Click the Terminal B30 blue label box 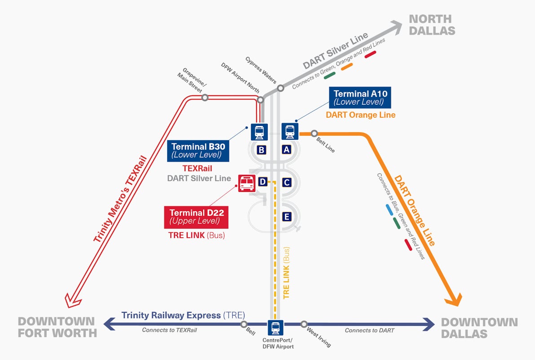pyautogui.click(x=198, y=151)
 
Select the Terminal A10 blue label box pyautogui.click(x=360, y=98)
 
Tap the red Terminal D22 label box pyautogui.click(x=196, y=217)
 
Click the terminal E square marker pyautogui.click(x=286, y=217)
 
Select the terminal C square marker pyautogui.click(x=286, y=182)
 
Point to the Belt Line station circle pyautogui.click(x=314, y=133)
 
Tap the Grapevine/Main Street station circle pyautogui.click(x=205, y=97)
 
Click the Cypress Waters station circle pyautogui.click(x=281, y=88)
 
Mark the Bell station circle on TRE pyautogui.click(x=244, y=324)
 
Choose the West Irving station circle pyautogui.click(x=304, y=324)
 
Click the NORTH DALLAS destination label pyautogui.click(x=431, y=25)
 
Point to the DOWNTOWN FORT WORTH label pyautogui.click(x=57, y=327)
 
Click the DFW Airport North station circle pyautogui.click(x=260, y=99)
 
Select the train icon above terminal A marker pyautogui.click(x=290, y=132)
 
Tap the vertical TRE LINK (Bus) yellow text pyautogui.click(x=287, y=273)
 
